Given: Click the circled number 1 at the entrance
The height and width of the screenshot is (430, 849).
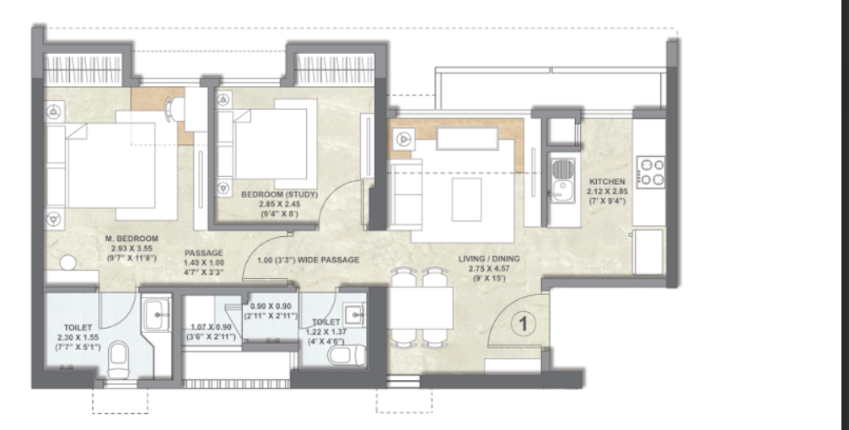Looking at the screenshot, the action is click(523, 324).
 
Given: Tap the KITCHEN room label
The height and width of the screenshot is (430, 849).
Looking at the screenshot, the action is click(607, 181).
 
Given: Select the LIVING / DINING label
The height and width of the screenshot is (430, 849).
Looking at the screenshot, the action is click(489, 259).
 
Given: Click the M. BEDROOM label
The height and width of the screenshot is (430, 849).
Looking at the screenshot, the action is click(132, 239).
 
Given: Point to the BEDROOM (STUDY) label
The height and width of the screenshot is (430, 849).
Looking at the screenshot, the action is click(279, 195).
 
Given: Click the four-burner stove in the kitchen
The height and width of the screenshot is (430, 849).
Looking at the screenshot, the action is click(650, 172).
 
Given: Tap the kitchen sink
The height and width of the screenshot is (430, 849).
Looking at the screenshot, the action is click(562, 181).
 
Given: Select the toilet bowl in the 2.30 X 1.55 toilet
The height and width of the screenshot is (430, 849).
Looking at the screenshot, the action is click(117, 359).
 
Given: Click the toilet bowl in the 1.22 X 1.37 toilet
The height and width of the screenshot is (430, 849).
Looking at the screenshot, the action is click(346, 355).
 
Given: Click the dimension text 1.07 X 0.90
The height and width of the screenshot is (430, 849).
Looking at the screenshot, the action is click(211, 327).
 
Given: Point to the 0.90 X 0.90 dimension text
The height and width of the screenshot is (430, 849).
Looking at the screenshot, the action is click(271, 307).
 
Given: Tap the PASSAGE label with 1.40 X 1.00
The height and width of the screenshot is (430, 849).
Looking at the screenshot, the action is click(203, 253).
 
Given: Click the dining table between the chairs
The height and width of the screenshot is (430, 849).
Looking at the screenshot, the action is click(421, 308).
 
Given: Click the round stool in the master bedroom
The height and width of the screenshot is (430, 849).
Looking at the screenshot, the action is click(67, 263).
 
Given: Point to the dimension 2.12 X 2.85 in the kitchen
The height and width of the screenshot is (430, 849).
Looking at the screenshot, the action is click(607, 191).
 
